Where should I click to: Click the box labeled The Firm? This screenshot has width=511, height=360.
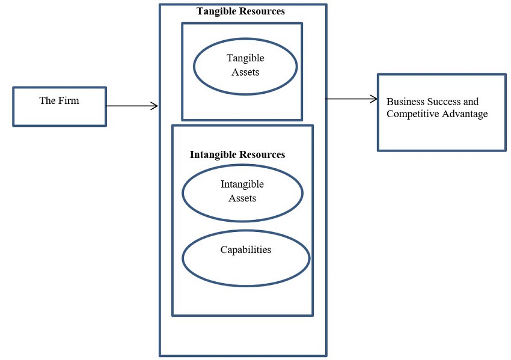coord(59,106)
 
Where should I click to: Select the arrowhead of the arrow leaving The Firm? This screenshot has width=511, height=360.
coord(155,106)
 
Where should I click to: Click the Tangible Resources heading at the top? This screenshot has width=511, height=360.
coord(240,11)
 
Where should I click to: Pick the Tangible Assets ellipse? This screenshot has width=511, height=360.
coord(245,67)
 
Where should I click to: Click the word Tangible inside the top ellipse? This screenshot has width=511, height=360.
coord(245,58)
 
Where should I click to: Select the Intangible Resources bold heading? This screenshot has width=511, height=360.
coord(237,154)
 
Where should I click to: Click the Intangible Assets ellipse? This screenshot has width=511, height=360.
coord(242,192)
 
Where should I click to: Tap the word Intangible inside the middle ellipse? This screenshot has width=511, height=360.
coord(242,185)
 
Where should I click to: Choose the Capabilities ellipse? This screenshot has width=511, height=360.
coord(246,258)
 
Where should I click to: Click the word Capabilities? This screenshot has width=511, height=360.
coord(246,249)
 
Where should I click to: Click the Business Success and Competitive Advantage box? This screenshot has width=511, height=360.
coord(441,112)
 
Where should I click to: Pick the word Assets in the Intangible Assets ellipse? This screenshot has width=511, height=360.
coord(242,198)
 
